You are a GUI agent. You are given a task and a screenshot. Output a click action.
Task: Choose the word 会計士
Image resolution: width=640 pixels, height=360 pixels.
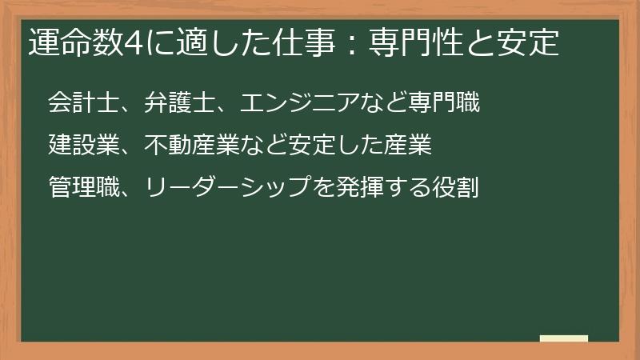coord(83,102)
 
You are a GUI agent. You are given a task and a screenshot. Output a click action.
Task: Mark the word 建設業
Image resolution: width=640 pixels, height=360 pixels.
coord(83,146)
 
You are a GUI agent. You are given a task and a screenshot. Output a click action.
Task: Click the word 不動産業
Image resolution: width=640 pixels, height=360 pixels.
coord(192,146)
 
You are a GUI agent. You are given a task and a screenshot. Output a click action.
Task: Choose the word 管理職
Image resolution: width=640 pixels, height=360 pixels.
coord(83,189)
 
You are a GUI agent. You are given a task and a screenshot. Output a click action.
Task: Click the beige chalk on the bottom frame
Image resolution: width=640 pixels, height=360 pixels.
coord(564,338)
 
